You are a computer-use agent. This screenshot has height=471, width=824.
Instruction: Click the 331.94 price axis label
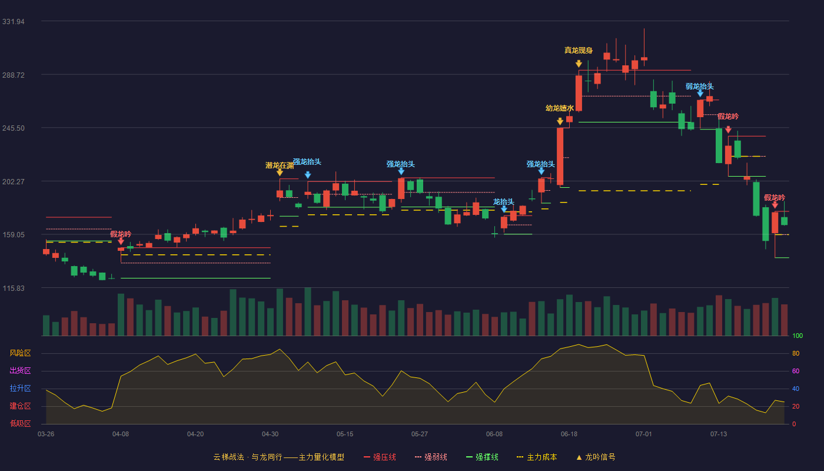click(13, 22)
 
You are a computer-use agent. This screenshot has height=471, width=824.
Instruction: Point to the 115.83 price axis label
click(13, 288)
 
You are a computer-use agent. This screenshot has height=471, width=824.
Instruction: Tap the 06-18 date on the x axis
click(569, 434)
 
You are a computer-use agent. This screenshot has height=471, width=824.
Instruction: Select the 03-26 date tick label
click(46, 434)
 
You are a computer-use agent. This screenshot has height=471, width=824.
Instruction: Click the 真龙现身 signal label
click(578, 51)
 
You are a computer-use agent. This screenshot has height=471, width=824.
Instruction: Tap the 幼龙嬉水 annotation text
click(560, 108)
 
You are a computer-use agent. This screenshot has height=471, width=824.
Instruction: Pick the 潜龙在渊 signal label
click(279, 165)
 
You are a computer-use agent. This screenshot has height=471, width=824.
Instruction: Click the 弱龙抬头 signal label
click(699, 87)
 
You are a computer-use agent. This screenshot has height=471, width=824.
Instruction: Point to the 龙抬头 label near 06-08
click(504, 201)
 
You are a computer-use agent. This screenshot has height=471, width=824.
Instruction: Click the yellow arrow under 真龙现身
click(579, 64)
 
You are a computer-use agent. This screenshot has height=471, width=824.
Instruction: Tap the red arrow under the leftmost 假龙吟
click(121, 241)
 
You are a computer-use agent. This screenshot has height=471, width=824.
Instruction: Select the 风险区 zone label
click(20, 353)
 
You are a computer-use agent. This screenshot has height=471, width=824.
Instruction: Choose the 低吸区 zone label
click(20, 424)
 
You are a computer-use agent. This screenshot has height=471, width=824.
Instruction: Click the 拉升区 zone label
click(20, 389)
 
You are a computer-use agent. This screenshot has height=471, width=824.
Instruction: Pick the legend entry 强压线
click(380, 457)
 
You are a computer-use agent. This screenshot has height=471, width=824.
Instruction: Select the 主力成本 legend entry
click(537, 457)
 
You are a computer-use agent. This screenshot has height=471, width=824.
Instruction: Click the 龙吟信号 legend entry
click(596, 457)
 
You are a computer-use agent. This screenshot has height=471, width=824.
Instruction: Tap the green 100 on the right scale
click(798, 336)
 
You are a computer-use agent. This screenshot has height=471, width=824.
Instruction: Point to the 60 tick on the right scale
click(796, 371)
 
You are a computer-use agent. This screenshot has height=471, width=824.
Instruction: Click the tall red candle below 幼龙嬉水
click(560, 156)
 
